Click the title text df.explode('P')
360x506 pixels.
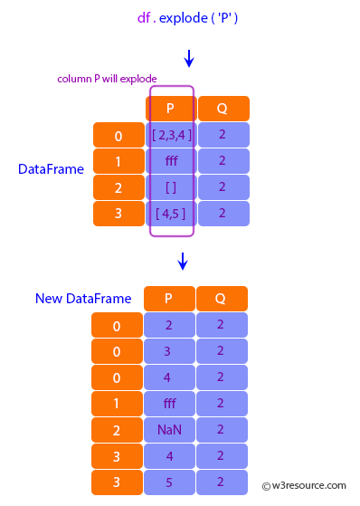pyautogui.click(x=188, y=17)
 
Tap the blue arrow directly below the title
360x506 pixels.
pyautogui.click(x=188, y=59)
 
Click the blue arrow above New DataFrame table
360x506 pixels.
pyautogui.click(x=183, y=262)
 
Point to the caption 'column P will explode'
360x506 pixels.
pyautogui.click(x=107, y=79)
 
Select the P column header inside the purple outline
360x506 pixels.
pyautogui.click(x=171, y=109)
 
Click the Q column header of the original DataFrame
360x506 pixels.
pyautogui.click(x=223, y=109)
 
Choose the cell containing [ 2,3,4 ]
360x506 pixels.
pyautogui.click(x=171, y=135)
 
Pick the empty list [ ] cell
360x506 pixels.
pyautogui.click(x=171, y=187)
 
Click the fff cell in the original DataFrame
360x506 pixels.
pyautogui.click(x=171, y=161)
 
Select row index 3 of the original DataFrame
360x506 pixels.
pyautogui.click(x=118, y=214)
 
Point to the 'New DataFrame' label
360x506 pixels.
pyautogui.click(x=83, y=298)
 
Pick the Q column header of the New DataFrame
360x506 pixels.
pyautogui.click(x=223, y=299)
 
